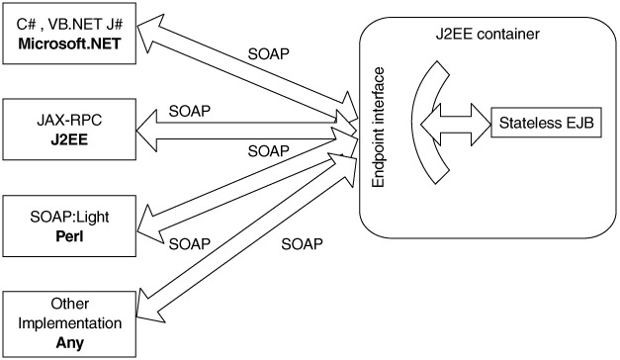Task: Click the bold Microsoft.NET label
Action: tap(69, 44)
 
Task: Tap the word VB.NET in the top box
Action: tap(75, 24)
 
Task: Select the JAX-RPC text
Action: tap(69, 120)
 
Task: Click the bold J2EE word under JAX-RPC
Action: tap(69, 139)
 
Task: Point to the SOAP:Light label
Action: tap(69, 217)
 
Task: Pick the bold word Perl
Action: tap(69, 236)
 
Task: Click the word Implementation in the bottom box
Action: tap(69, 323)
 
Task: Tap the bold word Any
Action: tap(69, 342)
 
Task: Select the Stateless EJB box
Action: tap(546, 123)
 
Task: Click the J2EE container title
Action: tap(487, 34)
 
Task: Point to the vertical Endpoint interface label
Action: tap(379, 128)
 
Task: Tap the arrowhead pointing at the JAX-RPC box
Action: tap(146, 131)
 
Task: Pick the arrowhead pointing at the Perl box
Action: tap(149, 225)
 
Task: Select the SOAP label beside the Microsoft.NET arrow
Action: tap(269, 54)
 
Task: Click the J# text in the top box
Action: tap(115, 24)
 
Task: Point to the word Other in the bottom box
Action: tap(69, 304)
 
